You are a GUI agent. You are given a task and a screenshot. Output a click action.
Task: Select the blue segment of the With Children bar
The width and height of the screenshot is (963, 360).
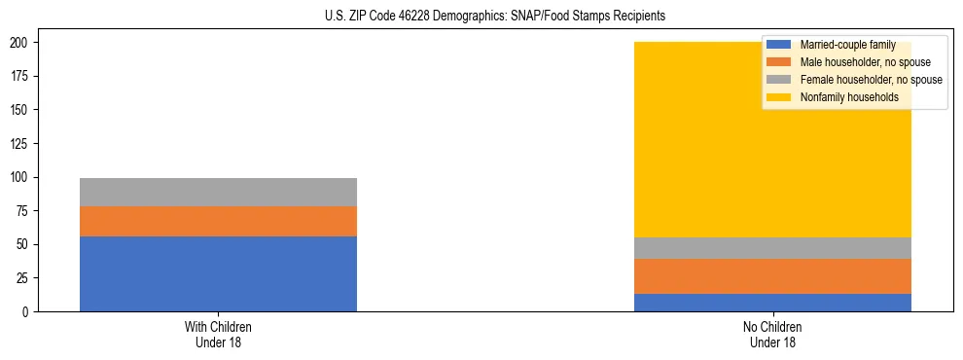point(218,273)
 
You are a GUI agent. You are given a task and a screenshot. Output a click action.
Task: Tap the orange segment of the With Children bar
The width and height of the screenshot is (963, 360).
point(218,221)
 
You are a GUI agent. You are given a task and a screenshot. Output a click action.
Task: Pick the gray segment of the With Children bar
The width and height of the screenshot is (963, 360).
point(218,192)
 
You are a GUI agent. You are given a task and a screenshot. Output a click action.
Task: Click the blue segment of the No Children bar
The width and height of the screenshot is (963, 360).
point(772,303)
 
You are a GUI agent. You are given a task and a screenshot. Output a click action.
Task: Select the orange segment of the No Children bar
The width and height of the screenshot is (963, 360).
point(772,276)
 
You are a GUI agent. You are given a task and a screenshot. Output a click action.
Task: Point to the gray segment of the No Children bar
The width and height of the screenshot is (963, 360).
point(772,248)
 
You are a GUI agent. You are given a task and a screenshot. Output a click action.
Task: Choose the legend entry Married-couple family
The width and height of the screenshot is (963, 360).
point(847,45)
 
